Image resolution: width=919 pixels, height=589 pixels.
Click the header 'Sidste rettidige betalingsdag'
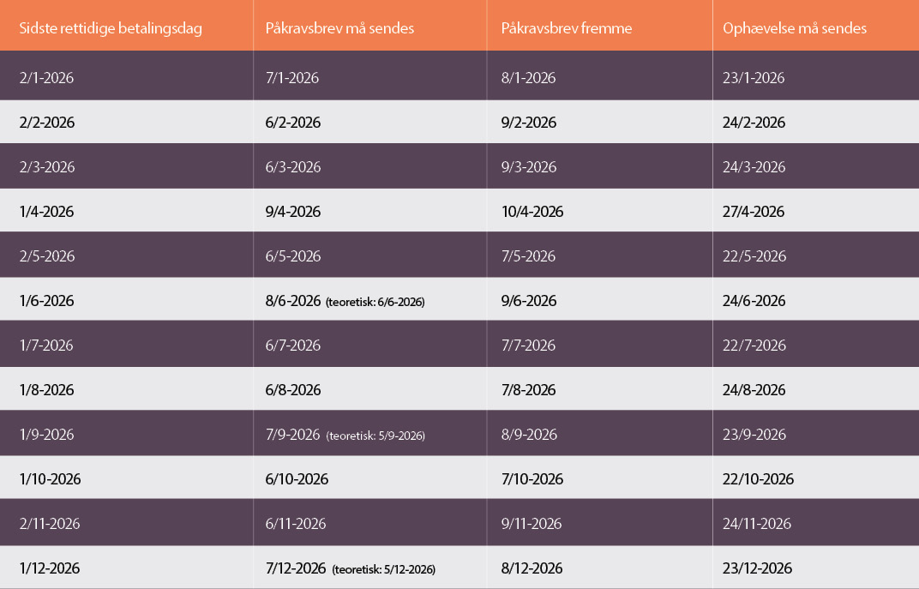tap(111, 28)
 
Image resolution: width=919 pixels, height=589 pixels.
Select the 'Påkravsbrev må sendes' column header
tap(339, 28)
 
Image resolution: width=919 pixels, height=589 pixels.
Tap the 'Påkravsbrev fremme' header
tap(566, 28)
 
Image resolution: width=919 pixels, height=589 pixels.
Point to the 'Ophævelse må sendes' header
tap(795, 28)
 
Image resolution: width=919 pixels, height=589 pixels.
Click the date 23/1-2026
tap(754, 78)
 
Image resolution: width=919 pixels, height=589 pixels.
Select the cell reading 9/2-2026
tap(528, 123)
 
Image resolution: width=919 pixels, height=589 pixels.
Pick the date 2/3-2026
tap(47, 167)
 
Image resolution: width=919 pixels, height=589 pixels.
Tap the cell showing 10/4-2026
tap(532, 212)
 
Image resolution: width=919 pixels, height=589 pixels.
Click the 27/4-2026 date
tap(754, 212)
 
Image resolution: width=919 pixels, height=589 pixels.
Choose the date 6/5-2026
tap(293, 256)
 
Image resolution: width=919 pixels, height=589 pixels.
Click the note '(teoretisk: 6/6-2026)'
tap(375, 302)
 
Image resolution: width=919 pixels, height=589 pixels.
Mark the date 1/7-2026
tap(47, 346)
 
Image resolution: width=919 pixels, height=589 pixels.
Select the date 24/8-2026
tap(754, 390)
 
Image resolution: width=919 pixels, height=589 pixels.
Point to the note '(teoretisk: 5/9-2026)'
tap(375, 436)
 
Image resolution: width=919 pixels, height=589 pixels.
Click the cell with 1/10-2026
tap(50, 479)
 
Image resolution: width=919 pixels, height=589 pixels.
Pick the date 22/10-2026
tap(758, 479)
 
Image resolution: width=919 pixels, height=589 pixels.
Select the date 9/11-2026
tap(532, 524)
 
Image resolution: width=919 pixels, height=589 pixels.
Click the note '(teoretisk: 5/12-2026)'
tap(384, 569)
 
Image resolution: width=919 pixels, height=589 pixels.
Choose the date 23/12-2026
tap(758, 568)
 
